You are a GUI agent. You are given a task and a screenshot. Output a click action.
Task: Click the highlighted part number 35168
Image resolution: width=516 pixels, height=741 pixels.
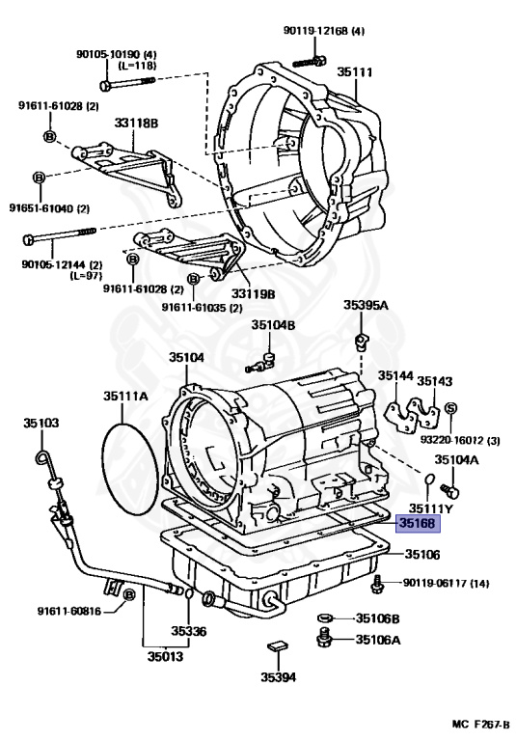click(x=418, y=523)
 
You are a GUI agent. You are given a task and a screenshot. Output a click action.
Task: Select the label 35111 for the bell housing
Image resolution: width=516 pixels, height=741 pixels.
click(x=354, y=72)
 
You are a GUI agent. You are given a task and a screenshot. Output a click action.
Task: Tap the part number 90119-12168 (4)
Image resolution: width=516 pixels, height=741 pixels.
click(x=324, y=31)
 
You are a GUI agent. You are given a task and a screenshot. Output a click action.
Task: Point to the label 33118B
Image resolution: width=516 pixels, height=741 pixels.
click(x=136, y=123)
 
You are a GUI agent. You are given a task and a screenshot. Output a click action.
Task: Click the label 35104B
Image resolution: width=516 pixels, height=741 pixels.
click(x=273, y=324)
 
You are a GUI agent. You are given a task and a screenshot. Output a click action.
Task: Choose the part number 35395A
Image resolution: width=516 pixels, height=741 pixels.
click(x=366, y=305)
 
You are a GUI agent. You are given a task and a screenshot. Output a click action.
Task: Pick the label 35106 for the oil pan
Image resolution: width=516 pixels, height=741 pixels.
click(x=422, y=555)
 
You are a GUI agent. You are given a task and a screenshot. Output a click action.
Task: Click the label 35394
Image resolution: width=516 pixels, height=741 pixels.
click(x=279, y=677)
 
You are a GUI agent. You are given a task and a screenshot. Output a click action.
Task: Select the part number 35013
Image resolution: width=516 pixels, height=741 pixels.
click(x=165, y=656)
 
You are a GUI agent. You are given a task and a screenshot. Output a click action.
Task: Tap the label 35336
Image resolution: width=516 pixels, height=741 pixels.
click(x=188, y=631)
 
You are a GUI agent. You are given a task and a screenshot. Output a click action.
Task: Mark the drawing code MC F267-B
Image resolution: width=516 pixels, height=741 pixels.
click(x=481, y=724)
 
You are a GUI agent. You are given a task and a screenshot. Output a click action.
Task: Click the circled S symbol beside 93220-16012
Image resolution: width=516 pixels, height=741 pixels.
click(x=450, y=408)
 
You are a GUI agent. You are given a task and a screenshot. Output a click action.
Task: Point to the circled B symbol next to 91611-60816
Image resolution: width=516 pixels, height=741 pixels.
click(x=128, y=595)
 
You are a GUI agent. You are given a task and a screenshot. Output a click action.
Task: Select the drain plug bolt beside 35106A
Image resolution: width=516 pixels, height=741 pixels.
click(x=324, y=638)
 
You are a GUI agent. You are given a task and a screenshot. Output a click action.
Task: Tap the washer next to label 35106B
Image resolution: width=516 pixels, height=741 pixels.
click(x=324, y=617)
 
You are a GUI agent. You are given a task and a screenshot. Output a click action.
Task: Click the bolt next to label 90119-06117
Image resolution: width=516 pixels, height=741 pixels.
click(x=377, y=583)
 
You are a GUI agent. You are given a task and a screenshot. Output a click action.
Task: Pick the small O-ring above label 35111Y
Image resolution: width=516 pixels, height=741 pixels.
click(x=428, y=479)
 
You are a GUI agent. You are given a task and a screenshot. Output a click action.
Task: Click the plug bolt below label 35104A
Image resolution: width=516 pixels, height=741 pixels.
click(x=450, y=491)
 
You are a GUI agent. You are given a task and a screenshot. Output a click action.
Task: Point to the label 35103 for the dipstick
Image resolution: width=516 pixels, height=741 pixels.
click(x=41, y=423)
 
